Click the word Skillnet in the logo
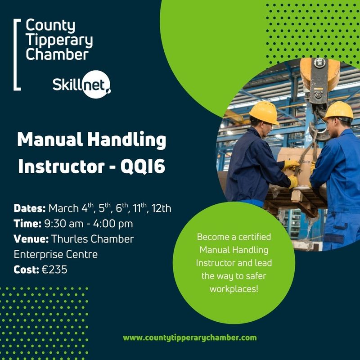81,84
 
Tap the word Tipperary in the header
59,40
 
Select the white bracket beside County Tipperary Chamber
17,54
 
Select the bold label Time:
27,224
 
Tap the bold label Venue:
32,239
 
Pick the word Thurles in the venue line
70,239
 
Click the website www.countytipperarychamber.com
189,337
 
